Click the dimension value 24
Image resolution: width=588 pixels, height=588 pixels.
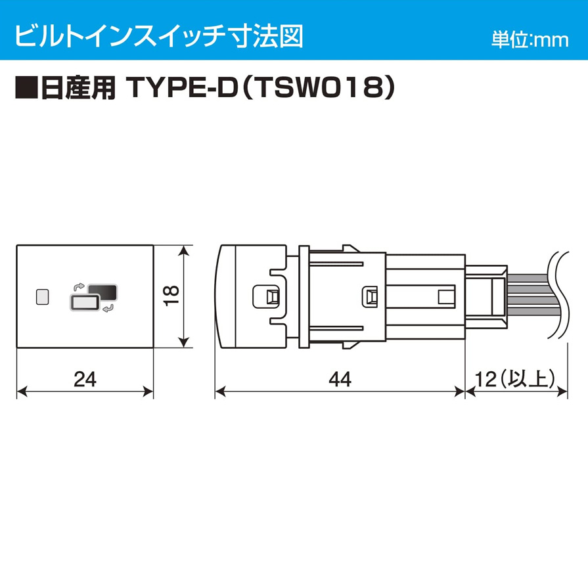point(85,379)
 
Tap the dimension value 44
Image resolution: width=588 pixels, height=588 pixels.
point(340,379)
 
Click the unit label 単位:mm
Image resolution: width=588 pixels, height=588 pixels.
point(530,40)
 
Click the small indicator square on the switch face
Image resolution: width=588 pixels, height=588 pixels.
point(42,296)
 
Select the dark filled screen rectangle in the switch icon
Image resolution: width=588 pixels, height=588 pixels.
point(102,292)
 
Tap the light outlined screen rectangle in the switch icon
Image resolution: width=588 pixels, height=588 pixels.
point(84,302)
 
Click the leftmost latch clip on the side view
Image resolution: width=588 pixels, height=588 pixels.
point(267,296)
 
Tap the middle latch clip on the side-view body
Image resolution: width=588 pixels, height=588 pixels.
point(369,296)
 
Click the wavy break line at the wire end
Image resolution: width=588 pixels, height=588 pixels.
point(555,296)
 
